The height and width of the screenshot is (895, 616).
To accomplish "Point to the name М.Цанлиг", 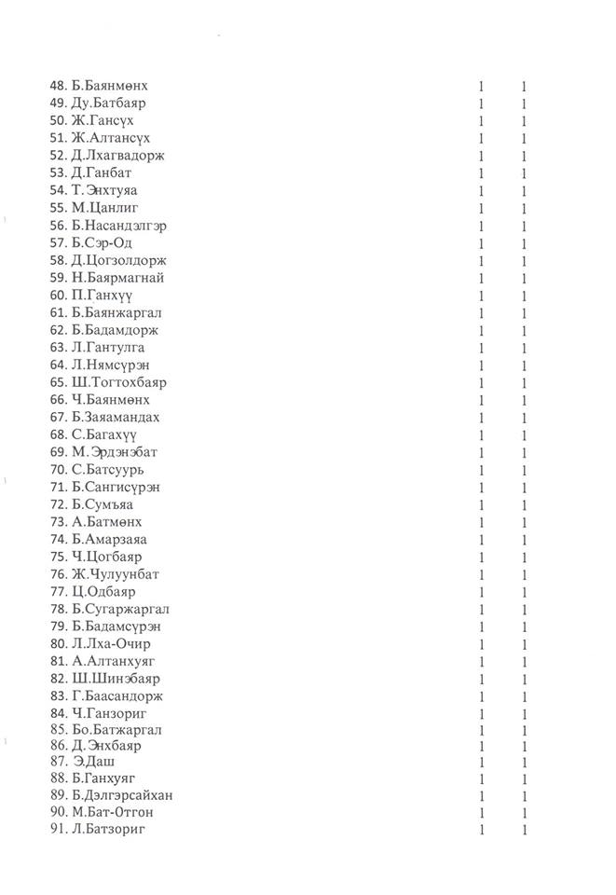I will [103, 207].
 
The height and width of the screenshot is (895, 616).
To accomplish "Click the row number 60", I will [57, 296].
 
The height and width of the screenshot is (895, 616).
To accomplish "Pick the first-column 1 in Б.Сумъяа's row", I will [482, 504].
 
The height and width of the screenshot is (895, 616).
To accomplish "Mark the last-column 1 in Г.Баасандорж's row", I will [526, 696].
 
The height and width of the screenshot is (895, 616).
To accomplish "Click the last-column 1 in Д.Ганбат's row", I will [526, 172].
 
